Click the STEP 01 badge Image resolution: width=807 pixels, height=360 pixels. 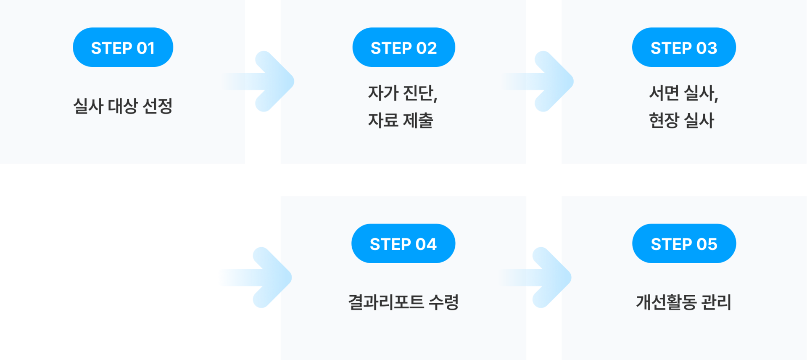123,48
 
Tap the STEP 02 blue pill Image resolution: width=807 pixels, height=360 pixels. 403,48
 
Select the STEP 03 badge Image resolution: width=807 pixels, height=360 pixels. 684,48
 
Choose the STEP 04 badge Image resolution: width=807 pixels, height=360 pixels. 403,244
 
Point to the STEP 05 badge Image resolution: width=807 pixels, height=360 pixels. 684,244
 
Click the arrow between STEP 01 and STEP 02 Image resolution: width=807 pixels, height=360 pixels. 265,81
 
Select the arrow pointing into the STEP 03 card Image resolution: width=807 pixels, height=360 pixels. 545,81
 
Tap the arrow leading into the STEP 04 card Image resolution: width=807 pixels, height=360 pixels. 263,277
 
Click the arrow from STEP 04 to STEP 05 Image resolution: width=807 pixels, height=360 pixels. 543,277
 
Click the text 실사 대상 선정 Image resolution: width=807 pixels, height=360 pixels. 123,106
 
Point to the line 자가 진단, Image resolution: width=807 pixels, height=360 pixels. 403,93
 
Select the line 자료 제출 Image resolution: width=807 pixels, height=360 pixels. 400,120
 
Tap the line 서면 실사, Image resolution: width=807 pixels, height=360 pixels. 683,93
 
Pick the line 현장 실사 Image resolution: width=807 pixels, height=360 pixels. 681,120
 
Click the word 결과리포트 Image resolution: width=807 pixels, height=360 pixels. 386,302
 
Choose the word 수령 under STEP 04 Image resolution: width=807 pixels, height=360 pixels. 443,302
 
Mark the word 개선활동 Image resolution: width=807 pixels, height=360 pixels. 666,302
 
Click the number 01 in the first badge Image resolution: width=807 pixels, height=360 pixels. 145,48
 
